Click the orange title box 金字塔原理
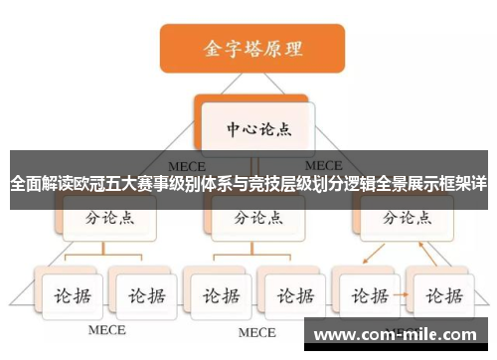pos(252,48)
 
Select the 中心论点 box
pos(255,128)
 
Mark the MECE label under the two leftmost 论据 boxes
pos(106,329)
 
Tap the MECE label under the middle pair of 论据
pos(256,331)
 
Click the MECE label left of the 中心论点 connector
pos(187,164)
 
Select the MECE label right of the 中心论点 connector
pos(323,164)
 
